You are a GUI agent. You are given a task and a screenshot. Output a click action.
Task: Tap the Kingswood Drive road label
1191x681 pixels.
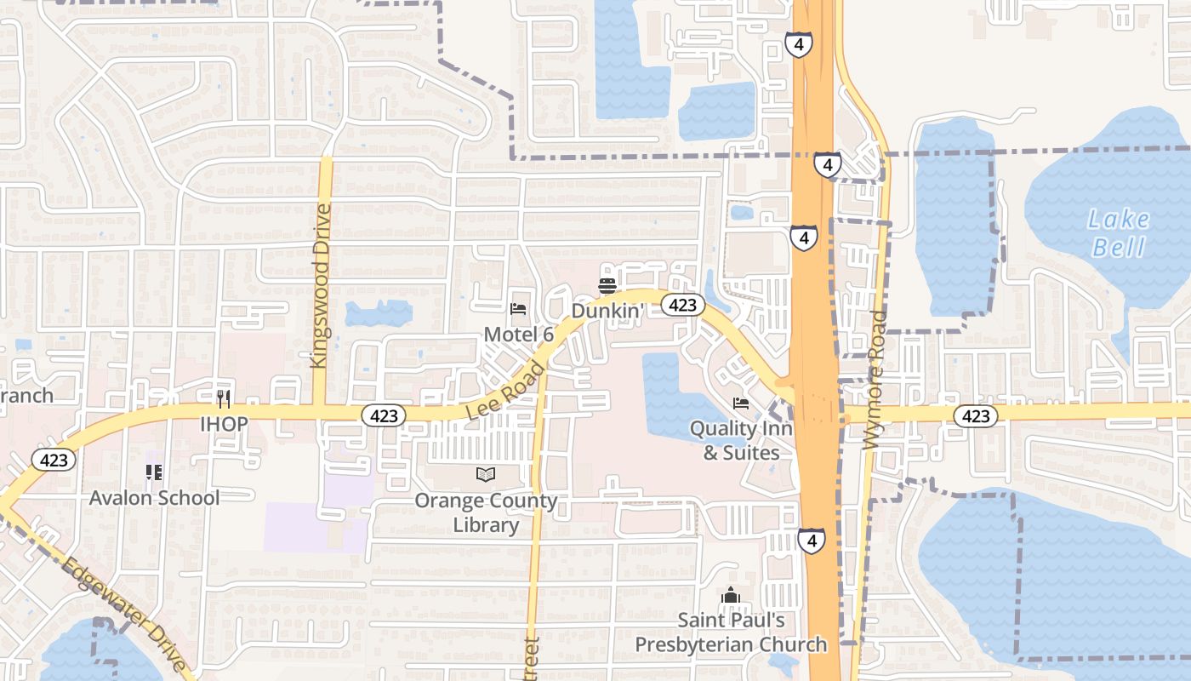[320, 286]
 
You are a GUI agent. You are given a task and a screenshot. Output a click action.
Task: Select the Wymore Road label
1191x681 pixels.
[875, 381]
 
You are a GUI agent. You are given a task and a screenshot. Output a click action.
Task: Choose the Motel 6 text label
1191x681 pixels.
[519, 335]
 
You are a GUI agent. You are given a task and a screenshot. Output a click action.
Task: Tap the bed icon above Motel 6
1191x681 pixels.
[518, 309]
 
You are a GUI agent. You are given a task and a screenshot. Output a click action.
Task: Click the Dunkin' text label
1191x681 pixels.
[605, 311]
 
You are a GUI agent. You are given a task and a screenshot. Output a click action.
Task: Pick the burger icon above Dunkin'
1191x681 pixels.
[607, 285]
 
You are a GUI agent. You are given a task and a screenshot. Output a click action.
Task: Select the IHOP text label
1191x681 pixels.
[224, 423]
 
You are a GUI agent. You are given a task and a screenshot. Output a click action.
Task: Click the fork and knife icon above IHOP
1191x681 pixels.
[224, 398]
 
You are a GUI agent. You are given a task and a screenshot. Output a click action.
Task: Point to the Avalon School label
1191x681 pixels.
[154, 497]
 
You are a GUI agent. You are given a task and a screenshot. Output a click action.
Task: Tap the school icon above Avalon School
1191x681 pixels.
[154, 472]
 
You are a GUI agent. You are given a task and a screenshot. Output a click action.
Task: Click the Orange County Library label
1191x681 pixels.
[486, 512]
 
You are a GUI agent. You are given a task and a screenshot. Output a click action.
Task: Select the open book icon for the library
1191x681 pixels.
[486, 474]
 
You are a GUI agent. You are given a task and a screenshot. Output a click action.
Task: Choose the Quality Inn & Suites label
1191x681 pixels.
[741, 440]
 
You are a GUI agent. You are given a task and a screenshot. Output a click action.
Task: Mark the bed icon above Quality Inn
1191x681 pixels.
[741, 403]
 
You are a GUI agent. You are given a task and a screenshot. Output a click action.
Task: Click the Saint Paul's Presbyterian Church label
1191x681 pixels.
[731, 632]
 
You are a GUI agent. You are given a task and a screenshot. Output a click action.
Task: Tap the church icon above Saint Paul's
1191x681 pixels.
[731, 596]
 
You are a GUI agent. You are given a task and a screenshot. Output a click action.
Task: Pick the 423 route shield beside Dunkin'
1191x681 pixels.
[682, 305]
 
